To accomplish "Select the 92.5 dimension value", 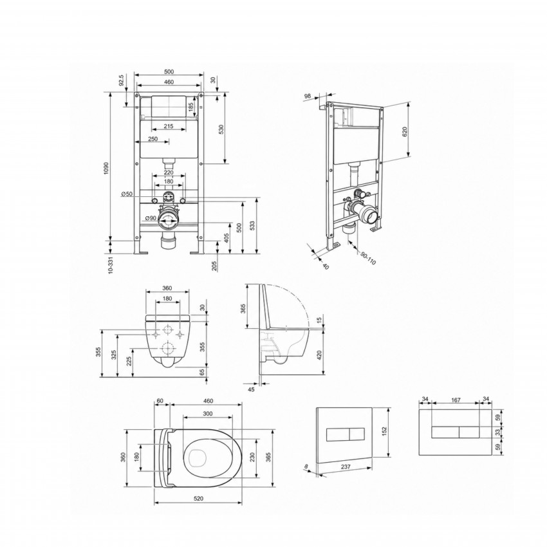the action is [121, 80].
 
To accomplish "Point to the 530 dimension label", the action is [221, 129].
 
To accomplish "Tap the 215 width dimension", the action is [169, 126].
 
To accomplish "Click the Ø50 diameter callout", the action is [127, 194].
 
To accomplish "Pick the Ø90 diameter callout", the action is [151, 218].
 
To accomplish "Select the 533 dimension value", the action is [252, 226].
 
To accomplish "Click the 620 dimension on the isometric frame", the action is [405, 131].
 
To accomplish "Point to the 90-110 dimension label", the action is [368, 258].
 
